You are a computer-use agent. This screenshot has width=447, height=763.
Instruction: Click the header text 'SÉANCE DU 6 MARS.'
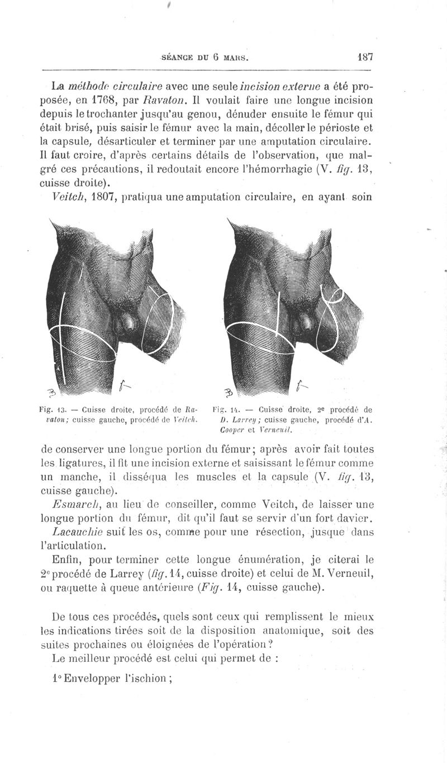pyautogui.click(x=205, y=57)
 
